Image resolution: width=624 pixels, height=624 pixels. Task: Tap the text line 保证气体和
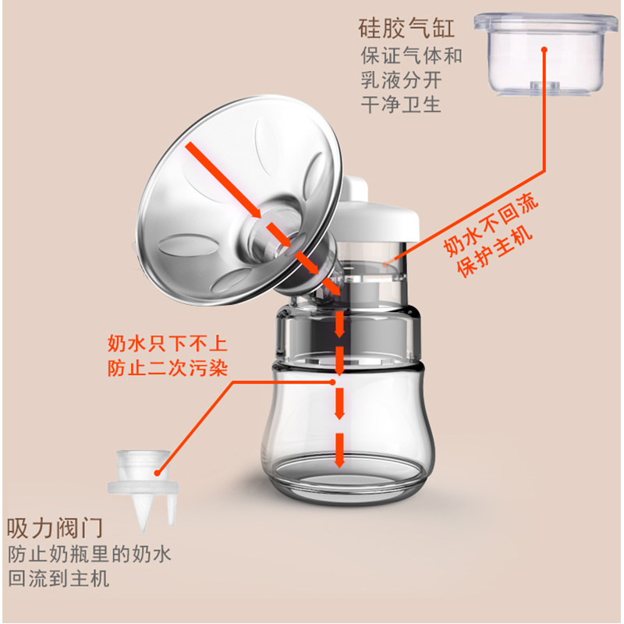pyautogui.click(x=411, y=56)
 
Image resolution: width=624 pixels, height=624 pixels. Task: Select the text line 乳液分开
pyautogui.click(x=401, y=80)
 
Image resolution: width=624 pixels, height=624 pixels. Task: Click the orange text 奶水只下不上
pyautogui.click(x=168, y=344)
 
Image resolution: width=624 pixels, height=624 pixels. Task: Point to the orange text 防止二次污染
pyautogui.click(x=168, y=367)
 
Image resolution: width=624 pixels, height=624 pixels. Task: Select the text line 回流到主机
pyautogui.click(x=59, y=579)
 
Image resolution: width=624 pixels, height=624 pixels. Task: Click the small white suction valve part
pyautogui.click(x=140, y=484)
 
